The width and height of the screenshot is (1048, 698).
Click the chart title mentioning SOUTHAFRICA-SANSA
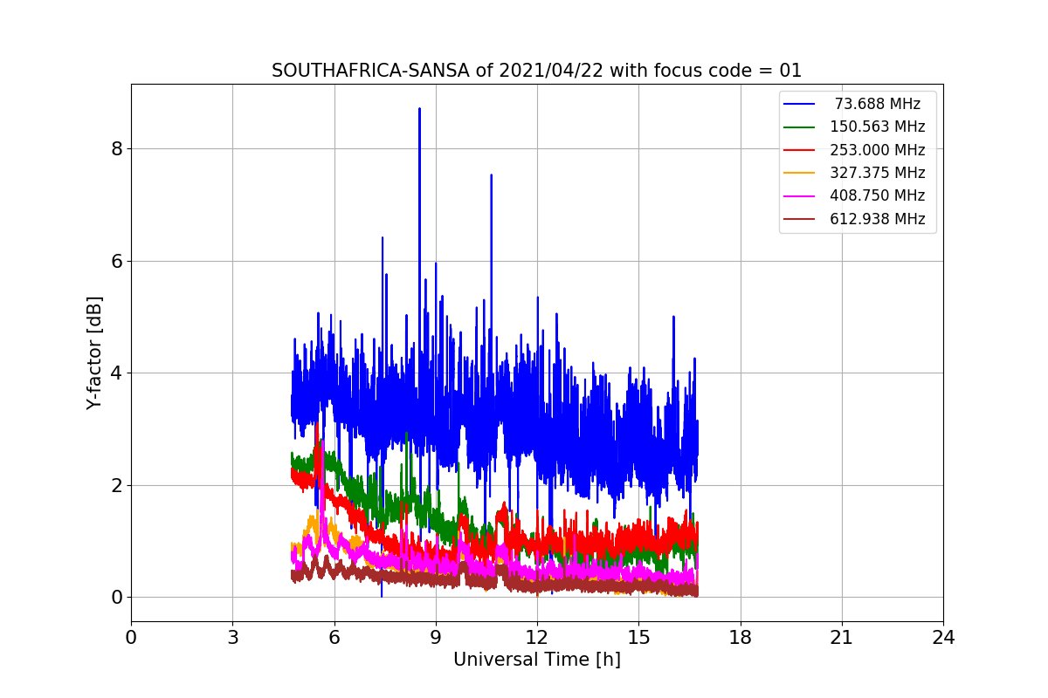pyautogui.click(x=536, y=71)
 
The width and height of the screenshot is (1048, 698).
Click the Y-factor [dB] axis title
pyautogui.click(x=94, y=352)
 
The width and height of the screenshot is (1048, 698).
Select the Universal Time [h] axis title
pyautogui.click(x=536, y=660)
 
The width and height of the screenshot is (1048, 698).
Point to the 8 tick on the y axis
pyautogui.click(x=116, y=149)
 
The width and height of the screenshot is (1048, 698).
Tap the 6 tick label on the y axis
pyautogui.click(x=116, y=261)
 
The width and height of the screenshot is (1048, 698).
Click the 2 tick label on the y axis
pyautogui.click(x=116, y=485)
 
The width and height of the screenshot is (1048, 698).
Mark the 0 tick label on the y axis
pyautogui.click(x=116, y=598)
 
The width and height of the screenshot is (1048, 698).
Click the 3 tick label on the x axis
pyautogui.click(x=232, y=638)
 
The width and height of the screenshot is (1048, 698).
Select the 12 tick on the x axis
pyautogui.click(x=537, y=638)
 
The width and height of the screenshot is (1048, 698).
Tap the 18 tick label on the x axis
pyautogui.click(x=741, y=638)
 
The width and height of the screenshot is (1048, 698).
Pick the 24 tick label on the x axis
pyautogui.click(x=943, y=638)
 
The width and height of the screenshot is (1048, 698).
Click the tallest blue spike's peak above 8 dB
pyautogui.click(x=419, y=109)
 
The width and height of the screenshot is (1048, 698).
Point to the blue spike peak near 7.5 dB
pyautogui.click(x=491, y=175)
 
